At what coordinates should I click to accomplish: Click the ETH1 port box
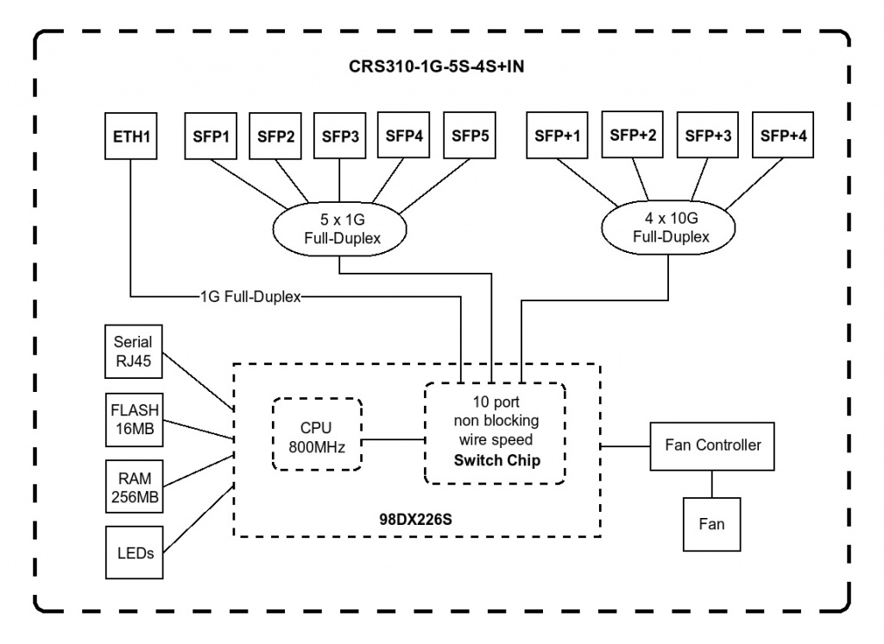click(131, 136)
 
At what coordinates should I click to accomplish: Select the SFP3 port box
click(339, 136)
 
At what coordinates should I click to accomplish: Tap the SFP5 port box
click(470, 136)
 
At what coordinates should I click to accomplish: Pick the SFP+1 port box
click(557, 136)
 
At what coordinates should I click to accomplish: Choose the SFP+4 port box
click(783, 135)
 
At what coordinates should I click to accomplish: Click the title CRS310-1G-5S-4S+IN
click(436, 66)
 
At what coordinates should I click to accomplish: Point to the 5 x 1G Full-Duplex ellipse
click(340, 229)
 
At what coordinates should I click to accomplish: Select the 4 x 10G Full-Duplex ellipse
click(669, 227)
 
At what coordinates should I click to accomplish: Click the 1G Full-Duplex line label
click(251, 297)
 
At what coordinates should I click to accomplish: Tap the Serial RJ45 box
click(134, 351)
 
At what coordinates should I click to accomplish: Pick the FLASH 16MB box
click(134, 420)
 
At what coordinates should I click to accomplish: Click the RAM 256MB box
click(134, 487)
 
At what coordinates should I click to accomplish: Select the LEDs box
click(134, 552)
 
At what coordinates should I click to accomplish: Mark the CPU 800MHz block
click(317, 434)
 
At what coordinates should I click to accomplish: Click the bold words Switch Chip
click(496, 460)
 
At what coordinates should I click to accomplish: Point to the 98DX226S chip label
click(415, 519)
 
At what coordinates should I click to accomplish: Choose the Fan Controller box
click(712, 446)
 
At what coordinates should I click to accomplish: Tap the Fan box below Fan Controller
click(711, 525)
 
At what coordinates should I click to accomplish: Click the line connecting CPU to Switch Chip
click(394, 439)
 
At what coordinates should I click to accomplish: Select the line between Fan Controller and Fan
click(712, 484)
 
